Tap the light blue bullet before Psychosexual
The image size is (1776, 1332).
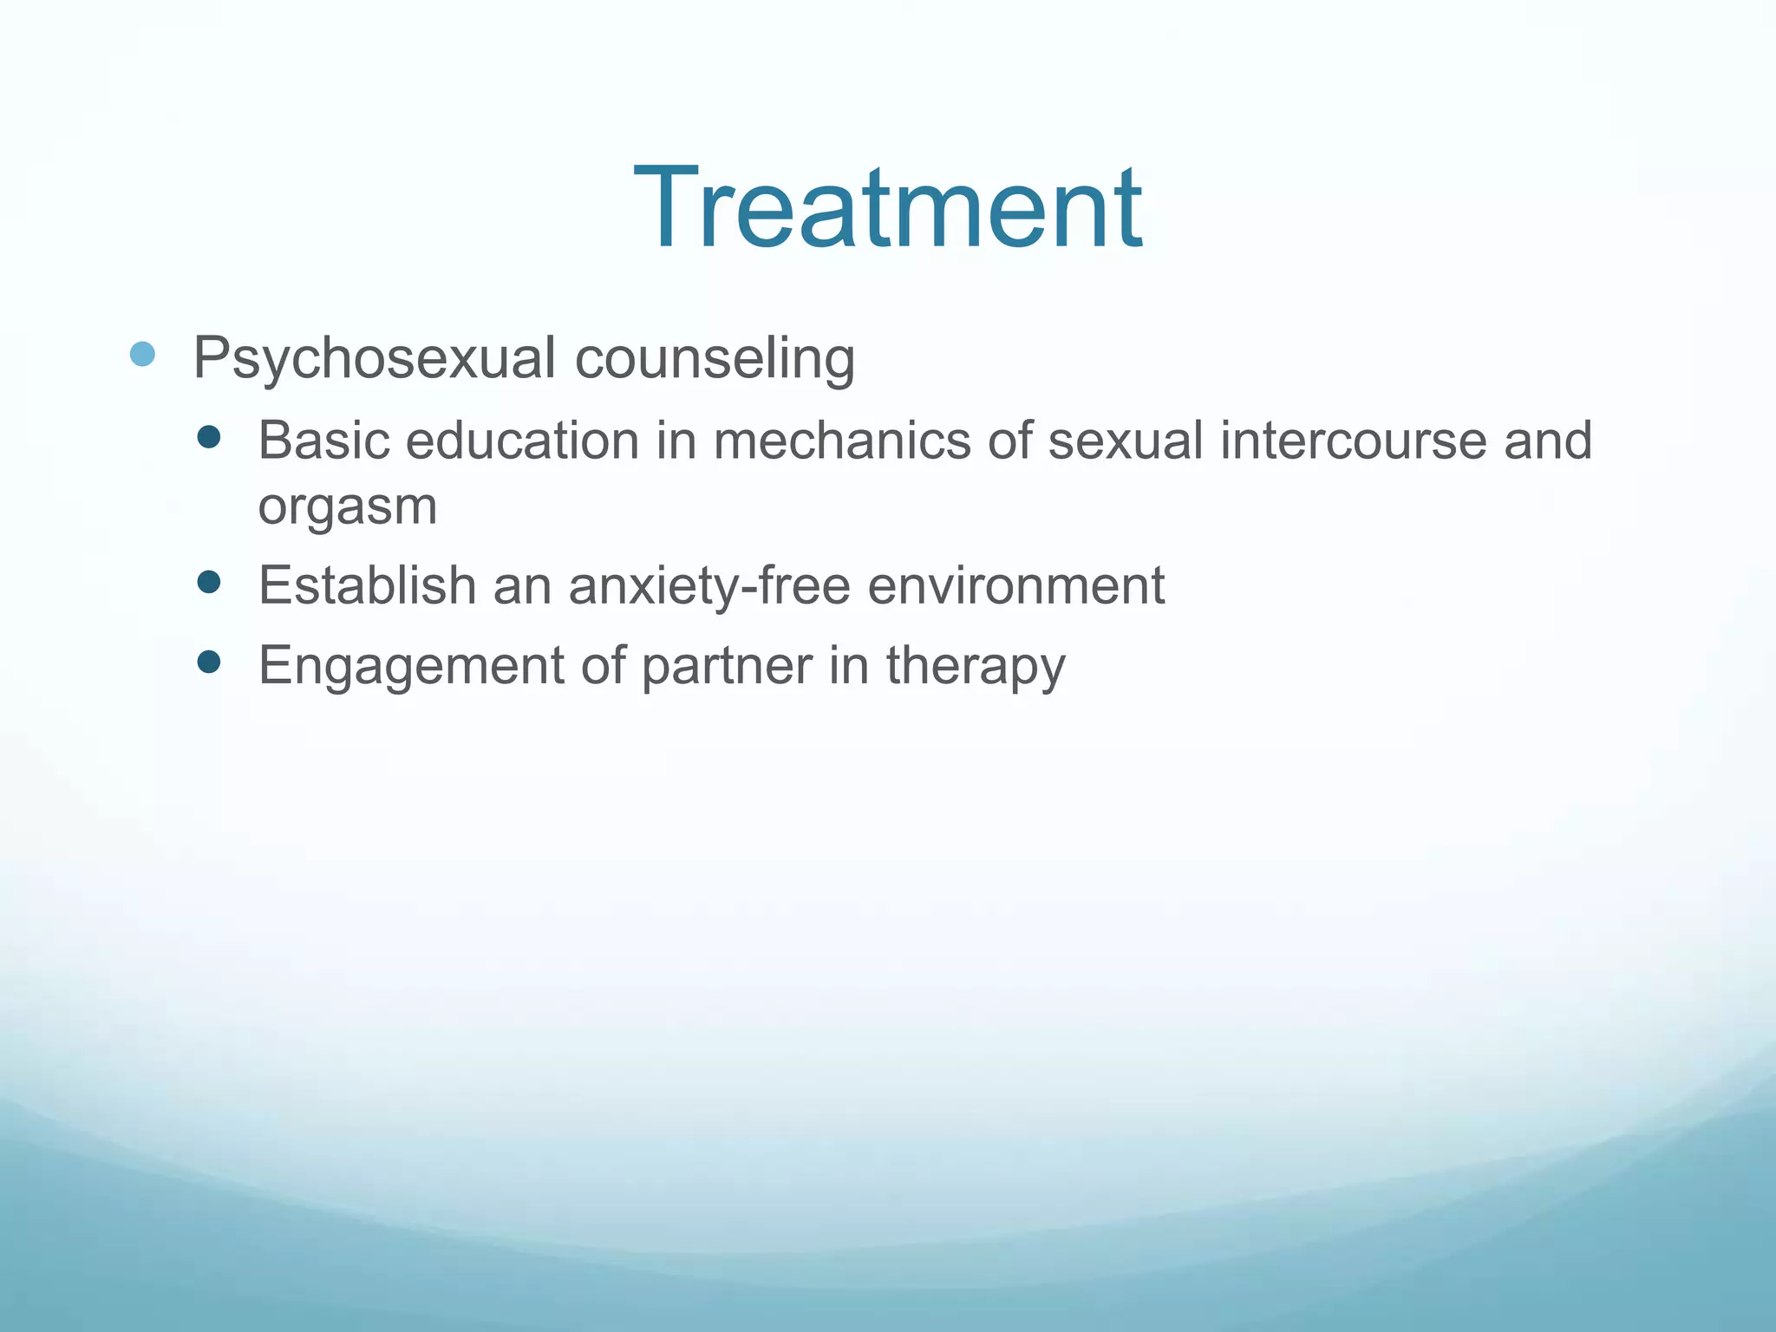click(142, 354)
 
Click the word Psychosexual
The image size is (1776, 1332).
click(374, 358)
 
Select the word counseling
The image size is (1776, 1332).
click(715, 358)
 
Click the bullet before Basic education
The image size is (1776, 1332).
click(209, 437)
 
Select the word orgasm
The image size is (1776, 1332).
click(347, 506)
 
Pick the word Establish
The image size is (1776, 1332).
click(368, 585)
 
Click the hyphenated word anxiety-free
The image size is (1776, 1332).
click(709, 585)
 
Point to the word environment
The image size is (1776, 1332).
click(1015, 585)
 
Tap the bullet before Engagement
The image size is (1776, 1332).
click(209, 663)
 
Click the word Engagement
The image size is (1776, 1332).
click(411, 667)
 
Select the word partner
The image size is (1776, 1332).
click(727, 667)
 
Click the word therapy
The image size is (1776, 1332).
click(976, 667)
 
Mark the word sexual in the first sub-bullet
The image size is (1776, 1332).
click(1126, 441)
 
